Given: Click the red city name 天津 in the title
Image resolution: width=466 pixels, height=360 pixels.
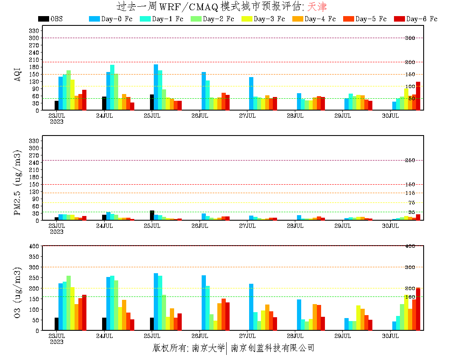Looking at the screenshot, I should [x=317, y=7].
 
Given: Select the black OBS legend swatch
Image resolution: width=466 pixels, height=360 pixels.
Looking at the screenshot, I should [x=43, y=19].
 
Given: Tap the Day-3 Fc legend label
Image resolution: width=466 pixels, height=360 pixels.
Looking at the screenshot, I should [x=269, y=19].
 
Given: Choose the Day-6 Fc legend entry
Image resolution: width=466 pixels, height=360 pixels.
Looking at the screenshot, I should [x=422, y=19].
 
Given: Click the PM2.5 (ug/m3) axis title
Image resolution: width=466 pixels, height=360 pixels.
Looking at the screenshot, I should [x=18, y=183].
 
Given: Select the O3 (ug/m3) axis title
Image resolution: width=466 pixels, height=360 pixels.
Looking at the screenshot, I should [x=18, y=292].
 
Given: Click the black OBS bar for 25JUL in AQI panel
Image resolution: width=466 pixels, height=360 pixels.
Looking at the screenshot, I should [x=152, y=102].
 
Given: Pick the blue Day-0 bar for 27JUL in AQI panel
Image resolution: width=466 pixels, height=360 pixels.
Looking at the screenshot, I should [x=251, y=94].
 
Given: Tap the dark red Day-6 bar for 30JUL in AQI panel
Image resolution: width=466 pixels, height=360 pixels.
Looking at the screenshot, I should [x=418, y=96].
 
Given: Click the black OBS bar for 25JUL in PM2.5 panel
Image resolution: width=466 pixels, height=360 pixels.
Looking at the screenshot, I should [x=152, y=216].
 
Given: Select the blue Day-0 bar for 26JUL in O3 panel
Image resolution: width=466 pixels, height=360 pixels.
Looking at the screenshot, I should [x=204, y=303].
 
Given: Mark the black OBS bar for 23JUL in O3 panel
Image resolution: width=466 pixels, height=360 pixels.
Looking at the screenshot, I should [x=56, y=324].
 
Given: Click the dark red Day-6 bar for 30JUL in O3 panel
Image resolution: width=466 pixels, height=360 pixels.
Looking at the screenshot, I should [x=418, y=309].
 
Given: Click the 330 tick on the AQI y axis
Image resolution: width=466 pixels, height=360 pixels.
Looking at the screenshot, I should [x=34, y=30].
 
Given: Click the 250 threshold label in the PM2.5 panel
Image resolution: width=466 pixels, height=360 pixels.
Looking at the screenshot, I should [x=410, y=161].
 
